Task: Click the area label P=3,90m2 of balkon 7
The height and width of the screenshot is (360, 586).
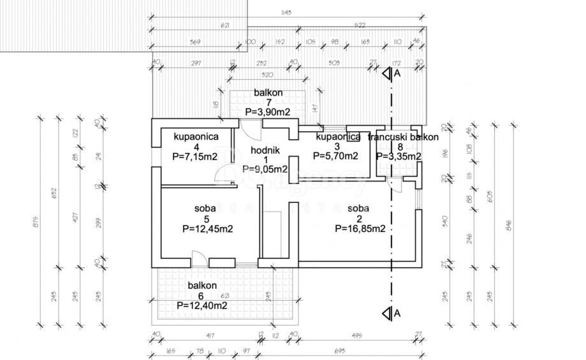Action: tap(268, 112)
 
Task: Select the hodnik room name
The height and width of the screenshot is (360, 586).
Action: tap(263, 150)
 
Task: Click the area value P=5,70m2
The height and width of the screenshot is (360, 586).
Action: tap(335, 155)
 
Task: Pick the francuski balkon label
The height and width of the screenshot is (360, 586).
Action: tap(407, 137)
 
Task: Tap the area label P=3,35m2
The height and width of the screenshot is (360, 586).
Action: tap(399, 155)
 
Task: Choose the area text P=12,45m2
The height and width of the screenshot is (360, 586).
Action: tap(207, 229)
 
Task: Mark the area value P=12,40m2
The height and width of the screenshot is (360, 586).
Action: tap(202, 305)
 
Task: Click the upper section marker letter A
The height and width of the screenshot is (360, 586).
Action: tap(397, 74)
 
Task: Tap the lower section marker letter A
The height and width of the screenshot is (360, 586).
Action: tap(397, 312)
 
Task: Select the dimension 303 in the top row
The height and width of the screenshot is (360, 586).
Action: tap(333, 62)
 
